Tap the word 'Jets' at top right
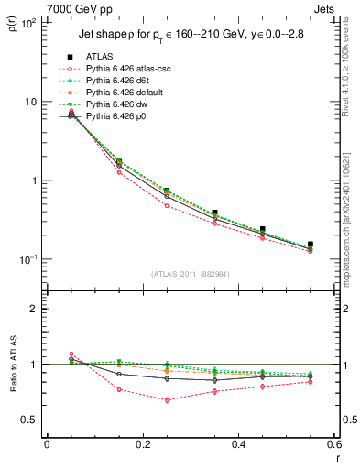pos(327,7)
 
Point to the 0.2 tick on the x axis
pos(142,444)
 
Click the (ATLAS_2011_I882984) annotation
pos(190,273)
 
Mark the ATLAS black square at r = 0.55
pos(311,245)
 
